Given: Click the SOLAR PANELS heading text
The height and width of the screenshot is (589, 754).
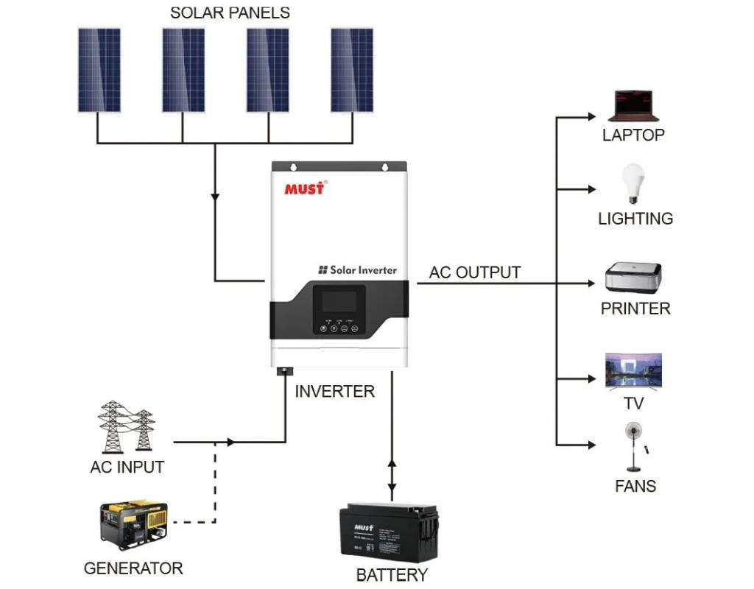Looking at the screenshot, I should coord(230,13).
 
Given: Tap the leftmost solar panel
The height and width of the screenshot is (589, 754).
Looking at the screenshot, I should coord(99,70).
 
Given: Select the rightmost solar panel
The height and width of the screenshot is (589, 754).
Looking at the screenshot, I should coord(352,70).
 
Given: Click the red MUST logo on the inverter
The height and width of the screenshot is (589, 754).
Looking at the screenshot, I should coord(304,188).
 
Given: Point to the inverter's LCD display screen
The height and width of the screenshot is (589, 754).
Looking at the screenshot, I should coord(339,300).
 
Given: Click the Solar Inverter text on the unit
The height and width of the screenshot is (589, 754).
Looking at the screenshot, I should coord(358,270).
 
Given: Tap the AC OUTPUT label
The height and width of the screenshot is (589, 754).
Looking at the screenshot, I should coord(475,272).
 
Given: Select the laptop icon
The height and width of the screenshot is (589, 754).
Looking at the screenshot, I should coord(633,106).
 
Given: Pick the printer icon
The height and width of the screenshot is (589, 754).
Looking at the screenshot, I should coord(633,279).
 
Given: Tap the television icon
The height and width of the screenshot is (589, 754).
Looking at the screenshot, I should coord(633,370).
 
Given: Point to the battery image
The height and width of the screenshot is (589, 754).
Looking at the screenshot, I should coord(390,532).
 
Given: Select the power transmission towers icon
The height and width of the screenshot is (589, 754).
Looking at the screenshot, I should coord(126,427).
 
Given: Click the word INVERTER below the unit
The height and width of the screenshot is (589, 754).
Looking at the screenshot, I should coord(334,392).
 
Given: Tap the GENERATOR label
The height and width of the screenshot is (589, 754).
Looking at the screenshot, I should coord(133,568).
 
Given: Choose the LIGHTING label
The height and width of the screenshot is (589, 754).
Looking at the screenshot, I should coord(635,219).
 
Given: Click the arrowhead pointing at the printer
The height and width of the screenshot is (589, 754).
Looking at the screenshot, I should coord(591,283).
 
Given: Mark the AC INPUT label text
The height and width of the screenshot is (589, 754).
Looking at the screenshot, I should coord(127,467).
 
